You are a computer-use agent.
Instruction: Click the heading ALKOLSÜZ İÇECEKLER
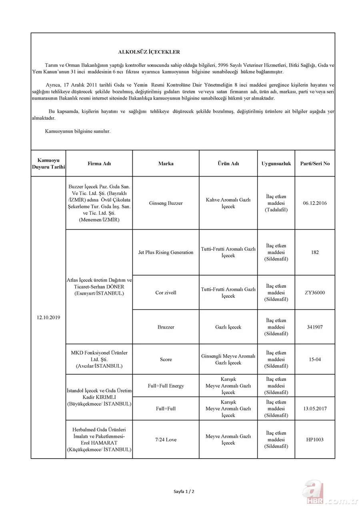[x=149, y=52]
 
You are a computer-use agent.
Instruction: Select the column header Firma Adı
[x=99, y=164]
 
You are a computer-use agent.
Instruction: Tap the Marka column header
[x=166, y=164]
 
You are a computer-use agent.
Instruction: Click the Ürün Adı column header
[x=228, y=164]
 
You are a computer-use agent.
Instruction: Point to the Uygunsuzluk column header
[x=276, y=164]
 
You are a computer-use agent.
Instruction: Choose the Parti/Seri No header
[x=315, y=164]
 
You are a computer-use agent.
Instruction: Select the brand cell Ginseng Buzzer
[x=166, y=203]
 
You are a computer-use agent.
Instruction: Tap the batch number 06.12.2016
[x=315, y=203]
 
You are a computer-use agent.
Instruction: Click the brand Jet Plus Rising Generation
[x=166, y=252]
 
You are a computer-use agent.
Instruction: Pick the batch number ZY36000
[x=315, y=293]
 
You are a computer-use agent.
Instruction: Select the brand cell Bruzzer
[x=166, y=327]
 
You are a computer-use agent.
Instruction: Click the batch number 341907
[x=315, y=327]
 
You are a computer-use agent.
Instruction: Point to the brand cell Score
[x=166, y=359]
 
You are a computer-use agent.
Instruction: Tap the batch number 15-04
[x=315, y=359]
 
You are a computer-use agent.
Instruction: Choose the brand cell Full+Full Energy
[x=166, y=386]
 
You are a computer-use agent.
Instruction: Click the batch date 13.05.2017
[x=315, y=409]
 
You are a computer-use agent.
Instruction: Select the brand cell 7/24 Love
[x=166, y=440]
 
